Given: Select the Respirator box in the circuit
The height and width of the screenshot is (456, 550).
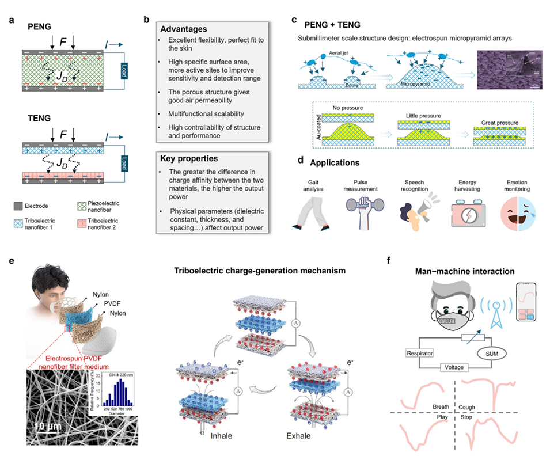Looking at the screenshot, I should pyautogui.click(x=422, y=351).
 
